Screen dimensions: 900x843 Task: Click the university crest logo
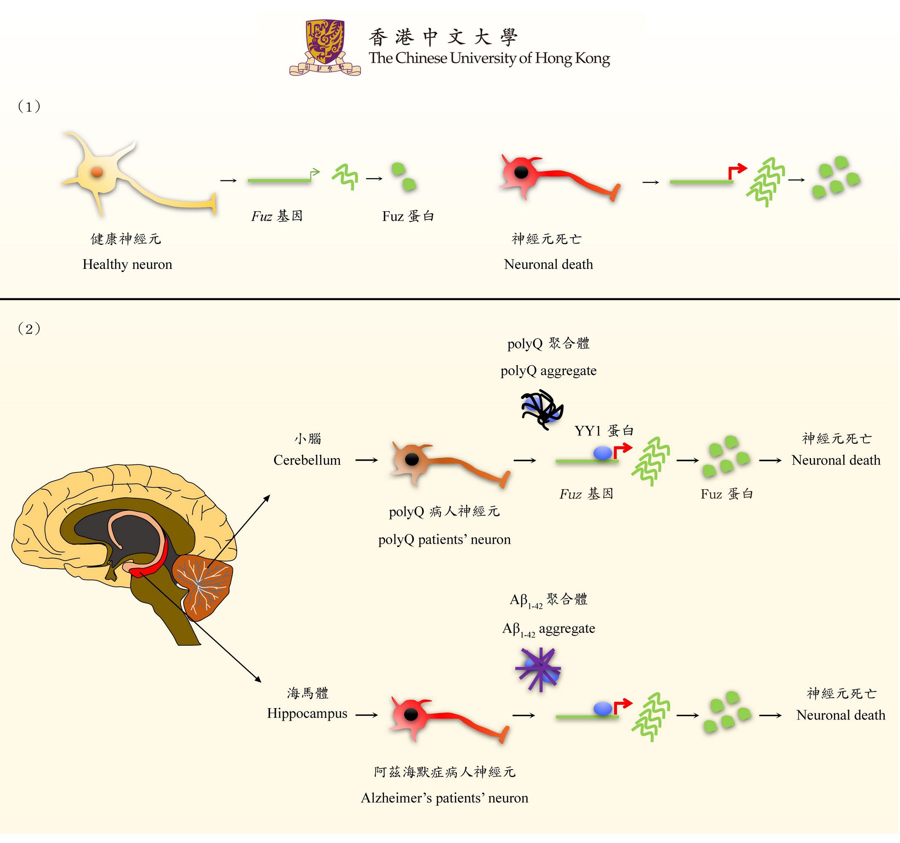[x=325, y=47]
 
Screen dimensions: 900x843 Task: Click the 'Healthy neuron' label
[x=127, y=265]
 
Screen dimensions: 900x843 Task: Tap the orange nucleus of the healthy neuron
[x=97, y=172]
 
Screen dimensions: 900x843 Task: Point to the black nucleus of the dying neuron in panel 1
[x=521, y=172]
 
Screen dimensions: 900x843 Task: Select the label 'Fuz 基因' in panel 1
[x=277, y=216]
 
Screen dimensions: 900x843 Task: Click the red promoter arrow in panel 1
[x=737, y=171]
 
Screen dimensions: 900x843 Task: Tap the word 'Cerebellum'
[x=307, y=460]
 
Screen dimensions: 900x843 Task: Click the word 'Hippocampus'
[x=307, y=714]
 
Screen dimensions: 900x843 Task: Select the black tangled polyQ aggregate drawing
[x=542, y=409]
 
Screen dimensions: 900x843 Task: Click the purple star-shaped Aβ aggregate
[x=538, y=670]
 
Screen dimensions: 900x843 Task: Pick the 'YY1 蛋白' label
[x=604, y=430]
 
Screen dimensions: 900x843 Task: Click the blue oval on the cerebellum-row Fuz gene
[x=603, y=453]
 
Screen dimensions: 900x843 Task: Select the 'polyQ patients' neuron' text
[x=445, y=540]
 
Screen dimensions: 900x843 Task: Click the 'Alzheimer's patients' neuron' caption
[x=445, y=798]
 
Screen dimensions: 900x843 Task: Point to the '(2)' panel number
[x=29, y=328]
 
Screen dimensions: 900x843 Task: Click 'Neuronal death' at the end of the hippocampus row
[x=841, y=715]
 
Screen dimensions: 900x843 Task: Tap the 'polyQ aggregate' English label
[x=549, y=371]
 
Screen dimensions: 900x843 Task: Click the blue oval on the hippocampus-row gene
[x=603, y=709]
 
